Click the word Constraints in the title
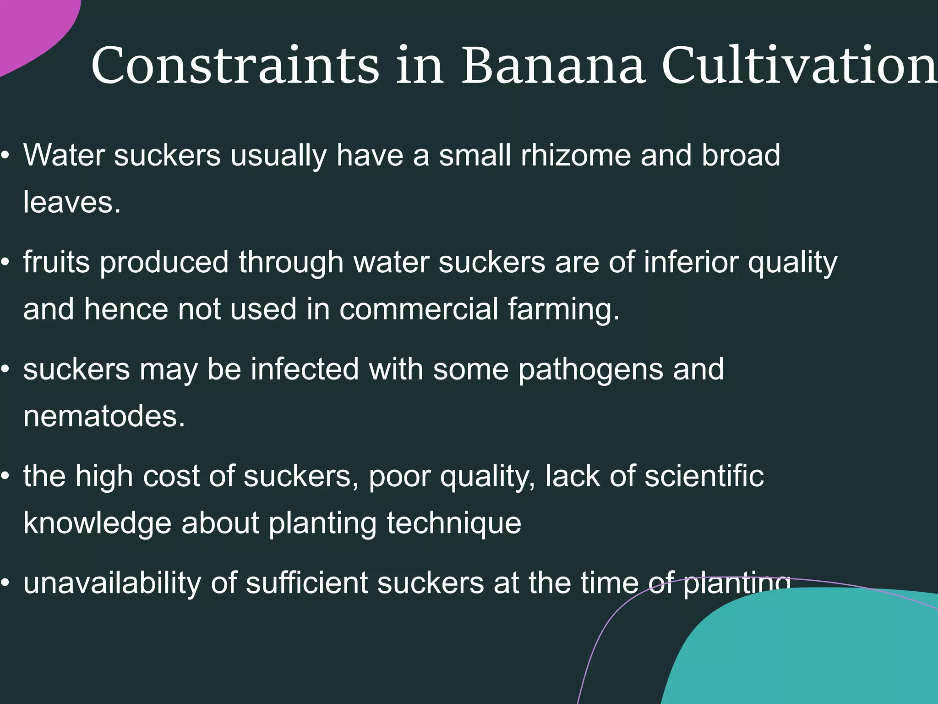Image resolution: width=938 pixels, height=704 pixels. pyautogui.click(x=235, y=65)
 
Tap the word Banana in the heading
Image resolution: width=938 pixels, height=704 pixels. pyautogui.click(x=553, y=65)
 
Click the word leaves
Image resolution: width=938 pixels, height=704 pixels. pyautogui.click(x=72, y=202)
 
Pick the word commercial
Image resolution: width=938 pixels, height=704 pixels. pyautogui.click(x=419, y=309)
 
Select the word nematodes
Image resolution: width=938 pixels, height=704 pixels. pyautogui.click(x=104, y=416)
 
